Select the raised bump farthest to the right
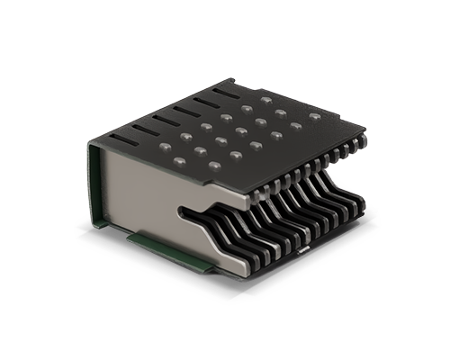click(x=314, y=116)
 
